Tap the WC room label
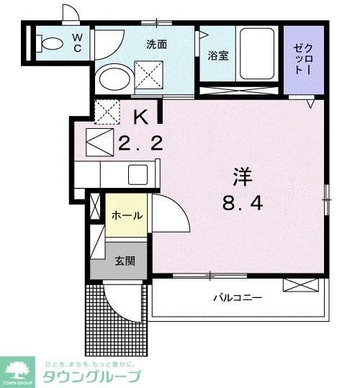pyautogui.click(x=77, y=43)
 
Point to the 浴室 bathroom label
pyautogui.click(x=218, y=55)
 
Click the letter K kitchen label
pyautogui.click(x=142, y=115)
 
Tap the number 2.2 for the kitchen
pyautogui.click(x=141, y=143)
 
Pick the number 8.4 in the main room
pyautogui.click(x=242, y=203)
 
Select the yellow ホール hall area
pyautogui.click(x=127, y=215)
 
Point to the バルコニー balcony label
pyautogui.click(x=236, y=297)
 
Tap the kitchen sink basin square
pyautogui.click(x=138, y=173)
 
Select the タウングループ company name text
pyautogui.click(x=92, y=376)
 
